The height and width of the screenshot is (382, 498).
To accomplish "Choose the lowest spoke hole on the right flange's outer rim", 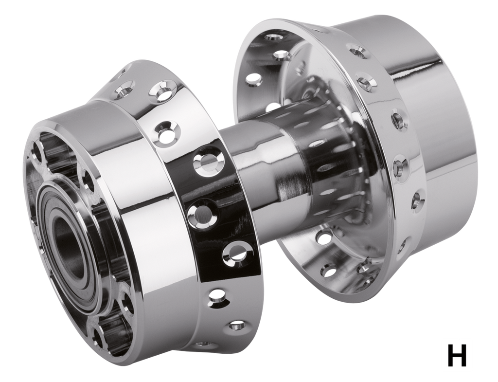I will coord(402,246).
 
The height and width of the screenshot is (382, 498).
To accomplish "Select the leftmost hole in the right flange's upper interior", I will coord(253,78).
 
